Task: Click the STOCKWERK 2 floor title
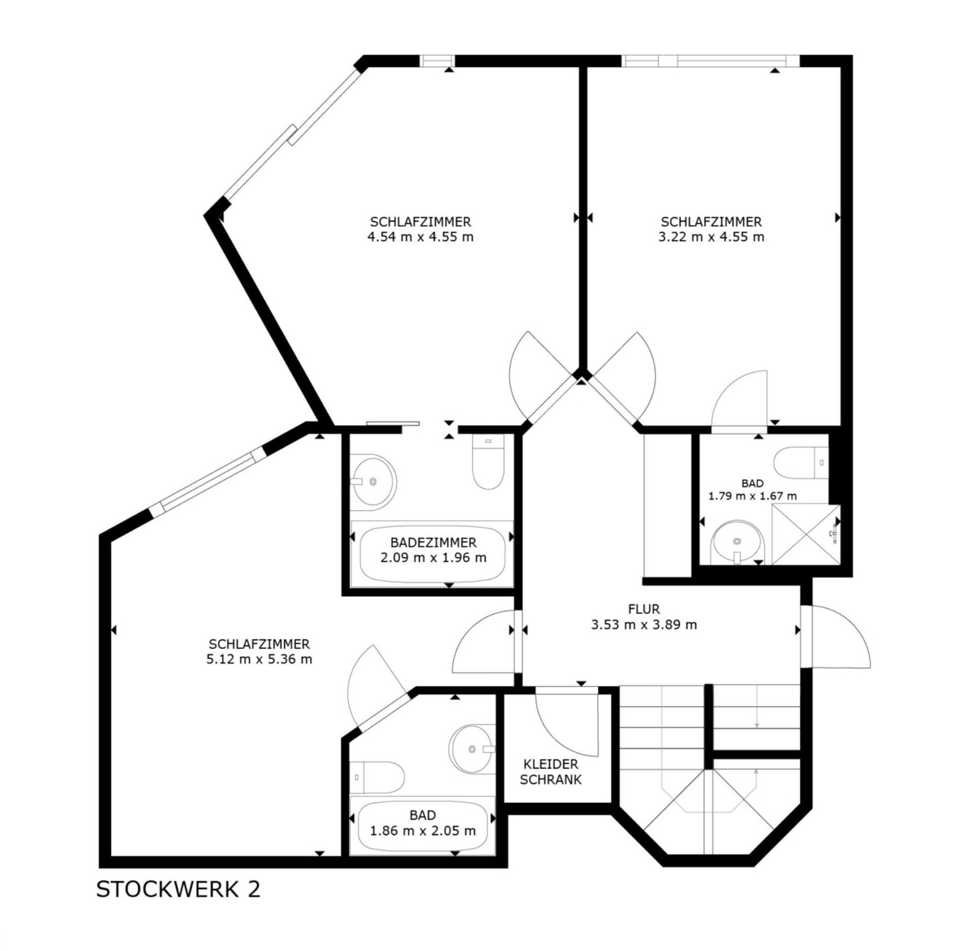pyautogui.click(x=178, y=889)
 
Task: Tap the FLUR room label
pyautogui.click(x=644, y=609)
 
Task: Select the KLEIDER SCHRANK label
pyautogui.click(x=550, y=772)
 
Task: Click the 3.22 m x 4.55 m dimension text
pyautogui.click(x=711, y=237)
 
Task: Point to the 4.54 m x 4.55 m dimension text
pyautogui.click(x=420, y=237)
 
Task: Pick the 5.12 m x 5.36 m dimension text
pyautogui.click(x=259, y=659)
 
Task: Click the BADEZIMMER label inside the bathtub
pyautogui.click(x=433, y=542)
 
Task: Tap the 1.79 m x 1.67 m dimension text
pyautogui.click(x=752, y=496)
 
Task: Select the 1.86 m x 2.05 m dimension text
pyautogui.click(x=422, y=831)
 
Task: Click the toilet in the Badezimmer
pyautogui.click(x=488, y=461)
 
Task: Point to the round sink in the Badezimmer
pyautogui.click(x=373, y=482)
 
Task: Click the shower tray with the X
pyautogui.click(x=806, y=534)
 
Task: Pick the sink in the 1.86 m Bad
pyautogui.click(x=472, y=749)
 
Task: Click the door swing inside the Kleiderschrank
pyautogui.click(x=567, y=724)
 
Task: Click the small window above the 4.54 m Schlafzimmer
pyautogui.click(x=436, y=61)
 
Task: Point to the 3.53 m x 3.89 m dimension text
pyautogui.click(x=644, y=625)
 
